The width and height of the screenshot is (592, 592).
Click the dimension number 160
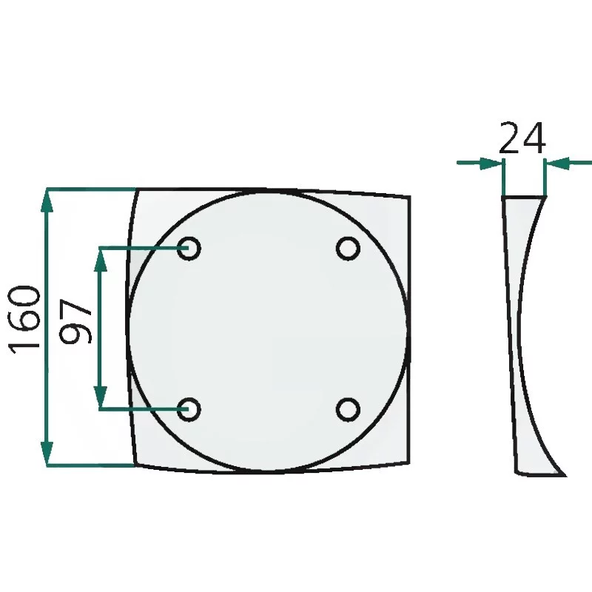click(24, 320)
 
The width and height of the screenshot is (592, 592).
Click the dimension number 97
click(76, 321)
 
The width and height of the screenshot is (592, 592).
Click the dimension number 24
click(522, 138)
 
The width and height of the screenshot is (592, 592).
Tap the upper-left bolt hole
click(189, 249)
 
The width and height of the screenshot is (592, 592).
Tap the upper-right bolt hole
click(348, 249)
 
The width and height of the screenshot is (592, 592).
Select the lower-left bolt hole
click(189, 409)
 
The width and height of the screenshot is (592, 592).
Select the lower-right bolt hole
click(348, 409)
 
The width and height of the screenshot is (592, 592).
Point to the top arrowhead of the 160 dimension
click(47, 200)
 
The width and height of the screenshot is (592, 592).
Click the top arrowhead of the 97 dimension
click(101, 260)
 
